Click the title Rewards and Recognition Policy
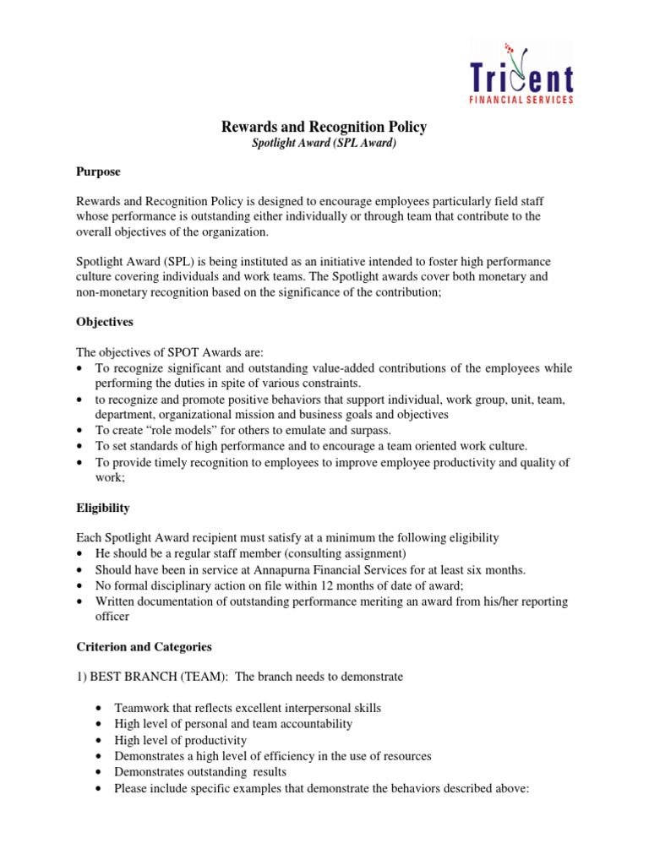(x=324, y=128)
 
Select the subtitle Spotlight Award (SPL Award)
(x=324, y=144)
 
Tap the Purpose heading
(x=98, y=171)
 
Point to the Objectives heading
(x=105, y=322)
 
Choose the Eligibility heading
(x=103, y=509)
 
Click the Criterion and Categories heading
(x=144, y=646)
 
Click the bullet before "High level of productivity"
(x=101, y=741)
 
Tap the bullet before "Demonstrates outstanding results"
(x=101, y=772)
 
